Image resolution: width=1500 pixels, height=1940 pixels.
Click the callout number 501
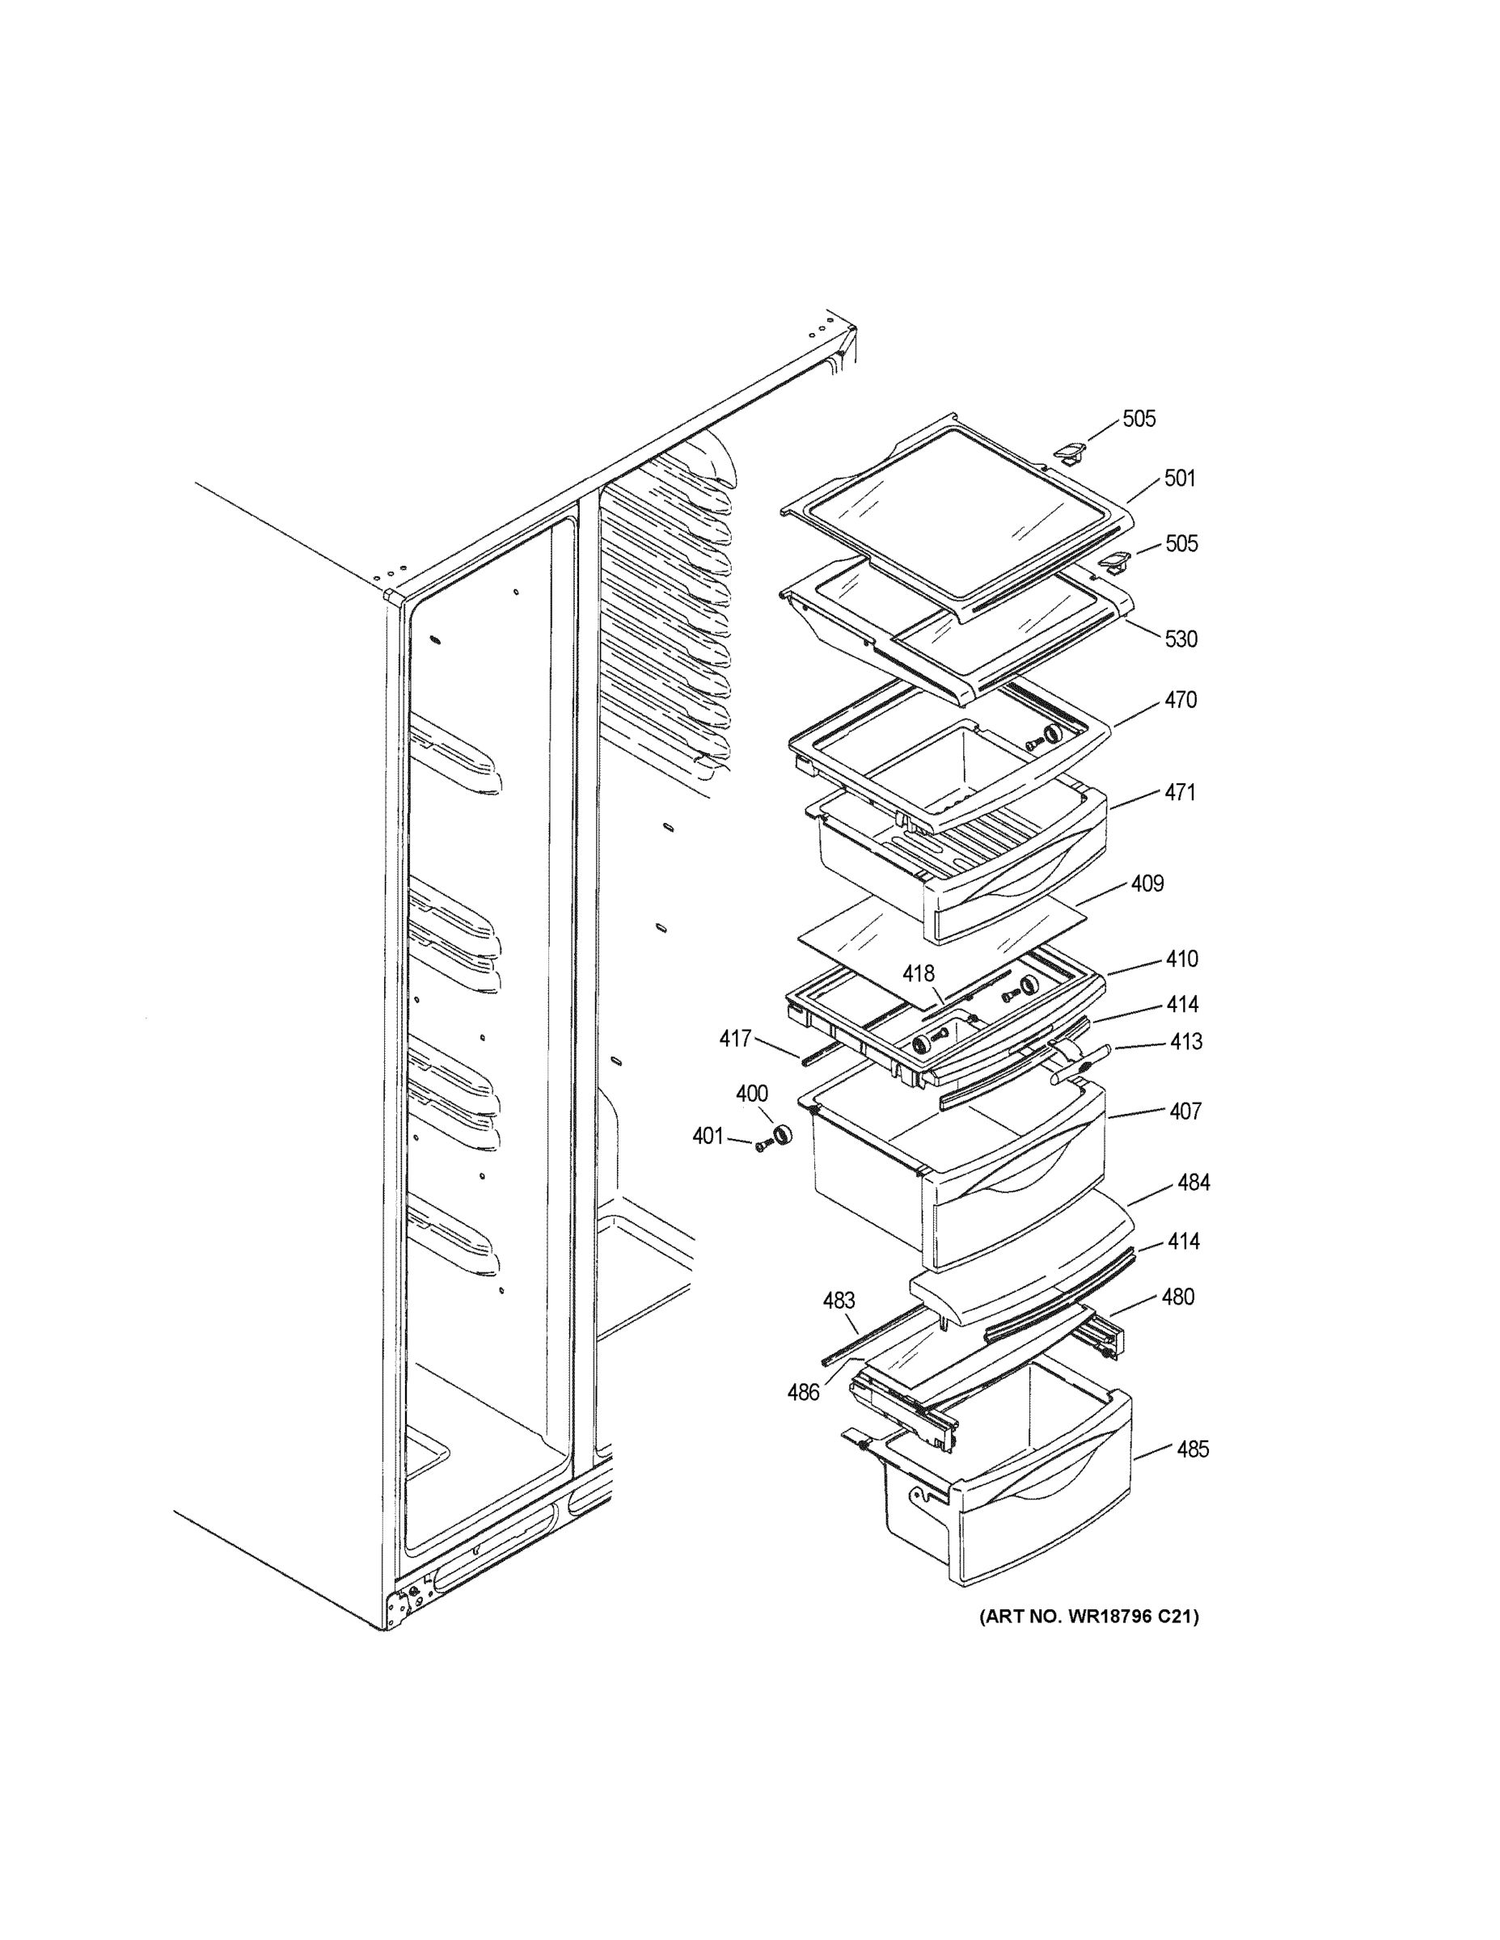[x=1180, y=479]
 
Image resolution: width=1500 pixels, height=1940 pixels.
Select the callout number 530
[x=1181, y=639]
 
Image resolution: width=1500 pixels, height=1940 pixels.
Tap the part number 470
[x=1181, y=700]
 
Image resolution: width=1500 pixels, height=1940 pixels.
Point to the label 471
[x=1180, y=792]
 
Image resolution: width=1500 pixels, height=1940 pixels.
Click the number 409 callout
[x=1147, y=884]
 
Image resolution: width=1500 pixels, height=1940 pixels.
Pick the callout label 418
[x=919, y=974]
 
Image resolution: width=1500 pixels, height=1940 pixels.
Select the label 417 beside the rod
[x=735, y=1039]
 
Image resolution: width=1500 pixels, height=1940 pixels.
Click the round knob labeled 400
[x=782, y=1135]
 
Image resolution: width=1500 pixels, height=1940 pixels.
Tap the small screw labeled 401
[x=761, y=1148]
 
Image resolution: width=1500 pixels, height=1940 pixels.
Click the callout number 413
[x=1186, y=1041]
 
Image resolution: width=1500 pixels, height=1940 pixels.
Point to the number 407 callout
[x=1185, y=1111]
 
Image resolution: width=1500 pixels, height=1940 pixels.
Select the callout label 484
[x=1194, y=1183]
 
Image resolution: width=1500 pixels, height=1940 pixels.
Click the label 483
[x=839, y=1301]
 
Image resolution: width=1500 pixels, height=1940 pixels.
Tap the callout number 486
[x=803, y=1393]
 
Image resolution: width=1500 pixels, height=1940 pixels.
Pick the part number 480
[x=1178, y=1297]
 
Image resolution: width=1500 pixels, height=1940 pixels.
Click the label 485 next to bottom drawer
[x=1193, y=1449]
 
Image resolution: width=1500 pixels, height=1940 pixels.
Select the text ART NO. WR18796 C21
[x=1088, y=1617]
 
